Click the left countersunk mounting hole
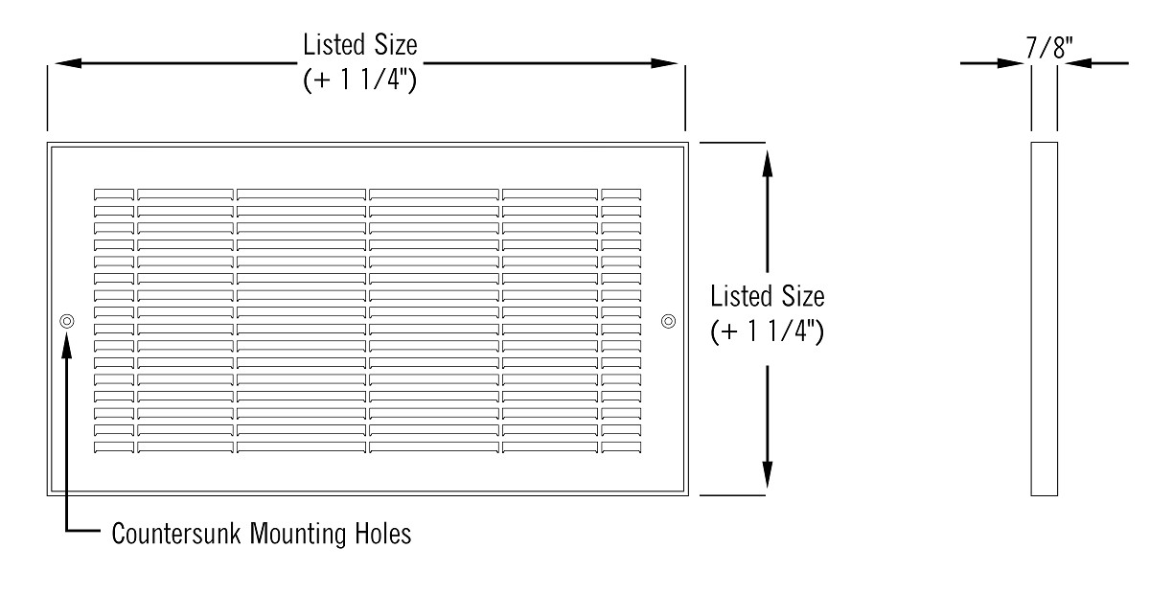click(67, 321)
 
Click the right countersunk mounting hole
click(668, 321)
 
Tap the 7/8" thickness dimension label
click(1048, 48)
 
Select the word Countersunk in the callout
click(176, 533)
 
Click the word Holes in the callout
click(383, 533)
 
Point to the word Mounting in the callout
click(298, 534)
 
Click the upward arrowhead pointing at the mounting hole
click(67, 345)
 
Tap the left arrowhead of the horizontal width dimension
click(68, 63)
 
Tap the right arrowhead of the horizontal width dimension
click(664, 63)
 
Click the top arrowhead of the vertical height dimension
click(767, 164)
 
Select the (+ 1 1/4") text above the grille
click(360, 80)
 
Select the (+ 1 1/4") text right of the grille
click(767, 331)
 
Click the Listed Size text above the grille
click(360, 45)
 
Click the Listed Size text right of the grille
click(767, 296)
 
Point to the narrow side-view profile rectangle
click(1045, 319)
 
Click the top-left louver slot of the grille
click(113, 194)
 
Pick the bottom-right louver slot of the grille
click(621, 447)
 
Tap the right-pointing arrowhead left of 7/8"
click(1010, 63)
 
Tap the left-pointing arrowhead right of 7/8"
click(1078, 63)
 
